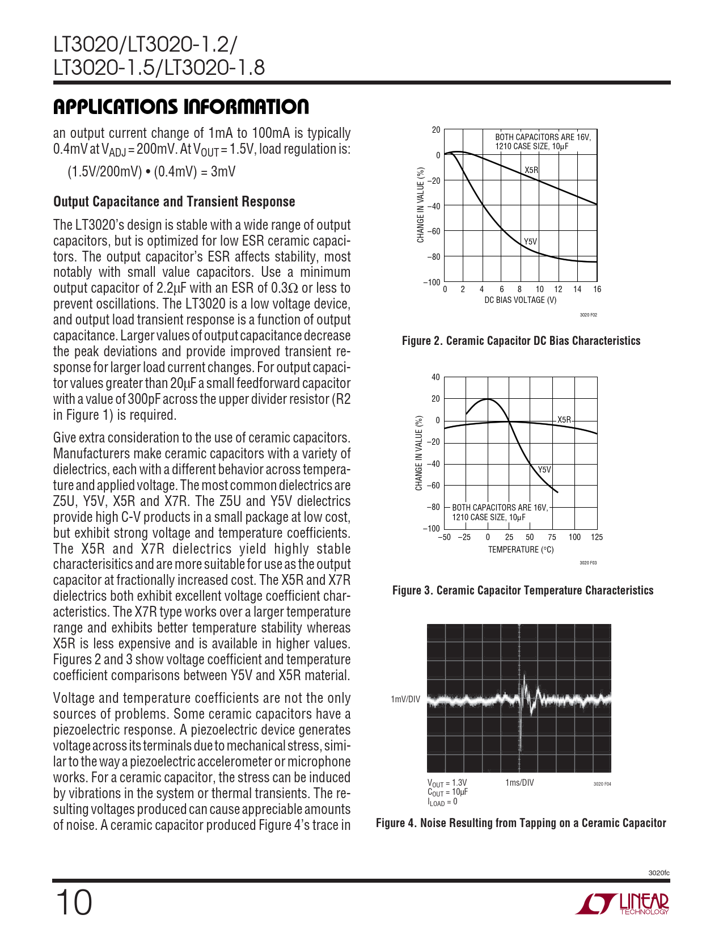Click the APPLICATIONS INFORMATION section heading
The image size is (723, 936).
click(x=181, y=107)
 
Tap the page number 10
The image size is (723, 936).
click(x=73, y=903)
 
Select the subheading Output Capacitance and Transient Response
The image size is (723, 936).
click(x=174, y=202)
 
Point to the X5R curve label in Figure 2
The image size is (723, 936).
click(x=531, y=170)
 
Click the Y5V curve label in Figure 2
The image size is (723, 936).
click(x=530, y=242)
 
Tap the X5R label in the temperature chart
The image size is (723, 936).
click(x=564, y=420)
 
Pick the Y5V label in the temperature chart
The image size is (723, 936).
click(x=544, y=470)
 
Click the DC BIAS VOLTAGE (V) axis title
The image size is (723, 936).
click(x=520, y=300)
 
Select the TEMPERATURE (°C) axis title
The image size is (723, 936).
click(x=521, y=550)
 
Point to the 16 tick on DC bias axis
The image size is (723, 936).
click(x=597, y=289)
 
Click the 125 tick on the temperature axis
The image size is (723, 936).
click(x=597, y=537)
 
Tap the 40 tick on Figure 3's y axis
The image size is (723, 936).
click(x=436, y=377)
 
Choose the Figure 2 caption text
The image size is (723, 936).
click(x=521, y=341)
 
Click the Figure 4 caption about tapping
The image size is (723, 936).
click(x=521, y=823)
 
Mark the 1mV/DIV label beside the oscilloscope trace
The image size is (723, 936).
click(x=405, y=699)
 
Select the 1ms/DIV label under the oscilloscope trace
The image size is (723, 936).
click(x=519, y=783)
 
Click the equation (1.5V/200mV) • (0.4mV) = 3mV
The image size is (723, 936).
click(x=151, y=172)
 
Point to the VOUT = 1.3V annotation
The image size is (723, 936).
click(x=447, y=783)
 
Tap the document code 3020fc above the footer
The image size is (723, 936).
click(x=659, y=873)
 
